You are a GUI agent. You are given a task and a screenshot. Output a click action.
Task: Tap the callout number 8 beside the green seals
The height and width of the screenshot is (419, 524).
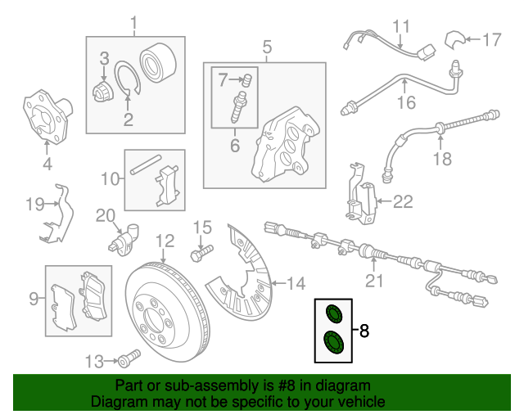point(364,331)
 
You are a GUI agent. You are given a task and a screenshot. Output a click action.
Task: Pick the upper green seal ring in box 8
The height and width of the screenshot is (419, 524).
point(333,313)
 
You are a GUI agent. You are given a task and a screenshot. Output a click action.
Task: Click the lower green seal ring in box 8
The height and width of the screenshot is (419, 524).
point(333,342)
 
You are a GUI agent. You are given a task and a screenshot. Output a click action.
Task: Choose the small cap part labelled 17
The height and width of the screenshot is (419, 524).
point(454,38)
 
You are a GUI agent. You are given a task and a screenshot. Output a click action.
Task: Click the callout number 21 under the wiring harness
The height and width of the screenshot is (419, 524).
point(373,282)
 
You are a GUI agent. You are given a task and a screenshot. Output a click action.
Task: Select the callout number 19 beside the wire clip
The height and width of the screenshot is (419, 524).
point(34,205)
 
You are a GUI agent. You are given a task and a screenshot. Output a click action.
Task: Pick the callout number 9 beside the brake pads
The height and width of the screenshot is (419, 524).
point(34,300)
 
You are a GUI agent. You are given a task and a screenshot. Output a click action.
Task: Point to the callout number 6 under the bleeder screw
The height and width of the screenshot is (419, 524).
point(234,146)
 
